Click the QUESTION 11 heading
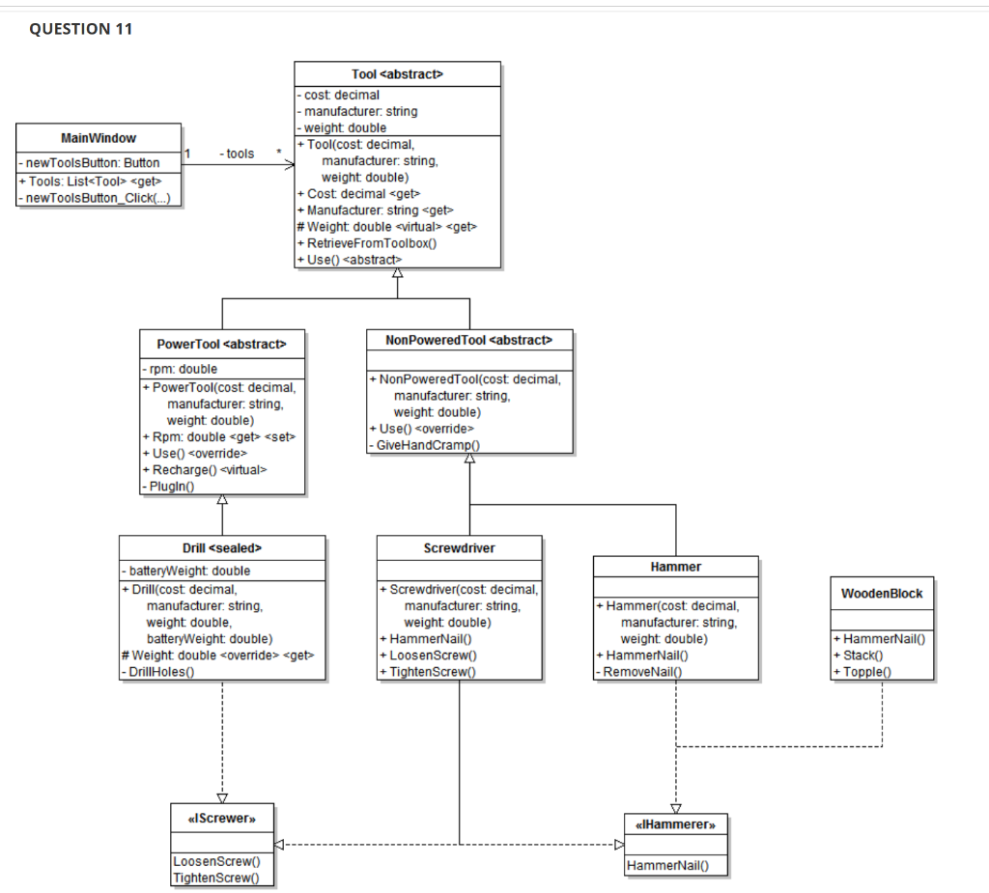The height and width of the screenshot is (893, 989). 81,29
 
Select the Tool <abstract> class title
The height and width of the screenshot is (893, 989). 397,74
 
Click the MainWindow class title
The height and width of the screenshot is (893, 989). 99,138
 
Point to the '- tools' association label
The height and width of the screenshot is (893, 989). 238,153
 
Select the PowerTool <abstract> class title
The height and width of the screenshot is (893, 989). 222,345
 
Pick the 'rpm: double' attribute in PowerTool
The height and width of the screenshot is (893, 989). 181,369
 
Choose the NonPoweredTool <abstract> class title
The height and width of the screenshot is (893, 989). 469,340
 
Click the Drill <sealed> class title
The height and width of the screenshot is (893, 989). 222,547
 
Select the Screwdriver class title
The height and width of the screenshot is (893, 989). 459,547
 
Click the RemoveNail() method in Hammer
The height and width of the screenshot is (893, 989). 640,671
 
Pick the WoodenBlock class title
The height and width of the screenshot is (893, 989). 882,593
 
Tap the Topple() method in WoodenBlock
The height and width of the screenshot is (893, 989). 866,671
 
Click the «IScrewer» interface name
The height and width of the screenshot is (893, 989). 222,819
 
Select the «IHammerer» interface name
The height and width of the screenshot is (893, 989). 676,825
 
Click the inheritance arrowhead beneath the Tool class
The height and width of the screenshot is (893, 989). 397,274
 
